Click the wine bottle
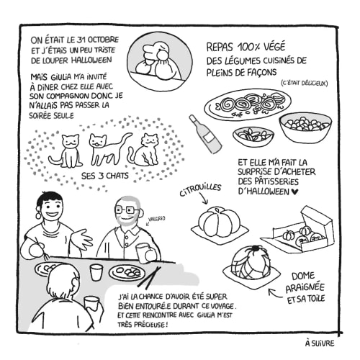[205, 135]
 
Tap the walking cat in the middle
[109, 149]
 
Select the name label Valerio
[157, 219]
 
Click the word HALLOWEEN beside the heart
[264, 192]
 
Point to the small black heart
[294, 192]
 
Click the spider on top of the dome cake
[254, 251]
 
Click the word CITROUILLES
[200, 189]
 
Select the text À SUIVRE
[320, 343]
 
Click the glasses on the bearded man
[127, 210]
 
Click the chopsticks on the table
[149, 277]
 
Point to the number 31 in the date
[82, 40]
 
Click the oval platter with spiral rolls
[248, 104]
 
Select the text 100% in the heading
[249, 48]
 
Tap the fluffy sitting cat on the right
[145, 150]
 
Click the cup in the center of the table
[96, 272]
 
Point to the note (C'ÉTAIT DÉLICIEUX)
[304, 84]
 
